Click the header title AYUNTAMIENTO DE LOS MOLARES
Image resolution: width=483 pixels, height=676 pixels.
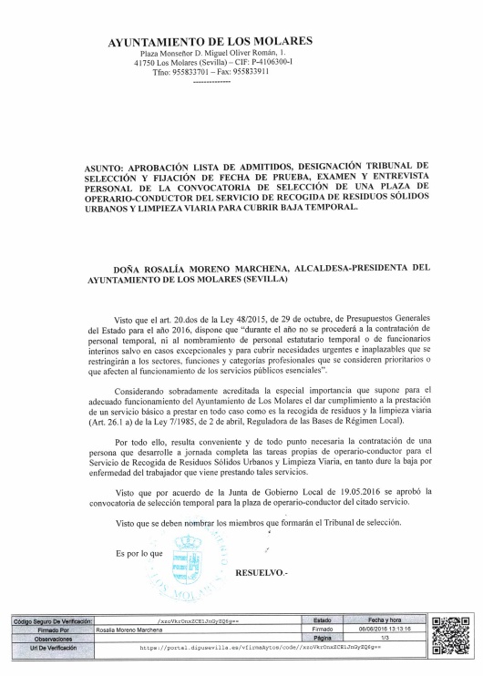[x=210, y=42]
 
